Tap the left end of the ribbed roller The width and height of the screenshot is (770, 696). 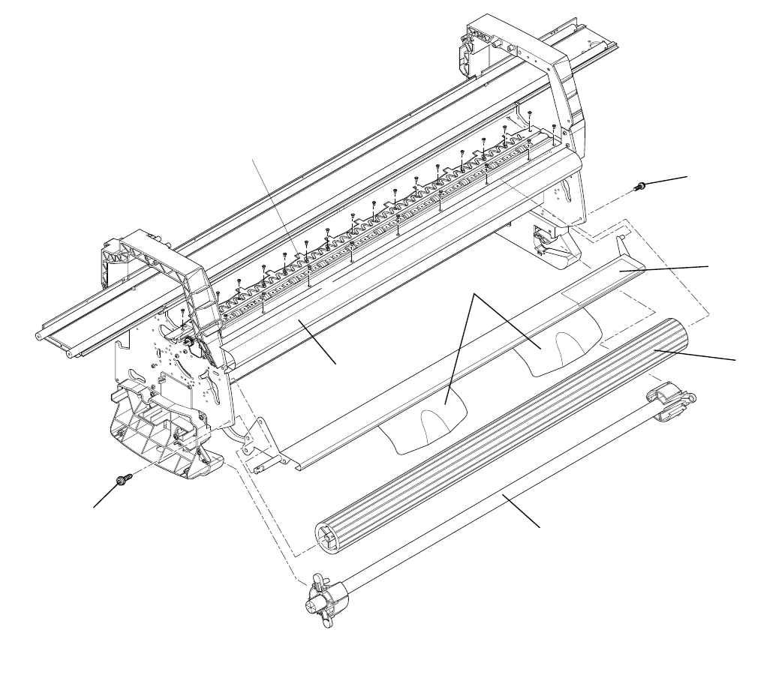tap(327, 538)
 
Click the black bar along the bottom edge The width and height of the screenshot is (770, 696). tap(385, 667)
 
